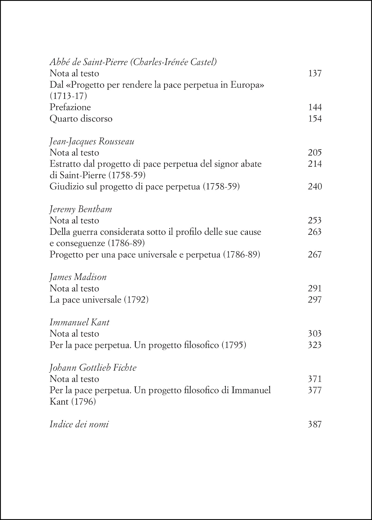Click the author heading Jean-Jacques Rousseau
[92, 142]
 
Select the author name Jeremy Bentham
[81, 209]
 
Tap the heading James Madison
[78, 277]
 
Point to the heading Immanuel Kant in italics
[79, 322]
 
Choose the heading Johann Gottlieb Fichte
[93, 368]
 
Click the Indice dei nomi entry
[79, 425]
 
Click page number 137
[315, 74]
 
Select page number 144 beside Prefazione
[315, 107]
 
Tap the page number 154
[315, 119]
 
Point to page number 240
[315, 187]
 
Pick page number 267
[315, 255]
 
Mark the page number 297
[315, 300]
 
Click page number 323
[315, 345]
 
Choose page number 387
[315, 425]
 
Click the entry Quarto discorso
[81, 119]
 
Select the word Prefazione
[70, 107]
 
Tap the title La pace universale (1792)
[99, 300]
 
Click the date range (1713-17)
[68, 96]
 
